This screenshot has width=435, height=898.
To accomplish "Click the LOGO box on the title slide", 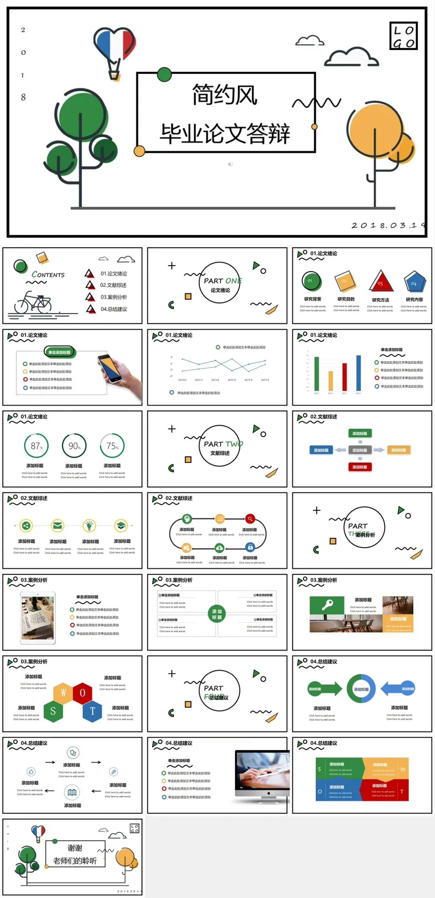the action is (403, 36).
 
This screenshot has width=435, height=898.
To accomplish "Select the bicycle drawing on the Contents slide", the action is (33, 303).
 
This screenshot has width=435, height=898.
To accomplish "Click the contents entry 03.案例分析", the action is (114, 297).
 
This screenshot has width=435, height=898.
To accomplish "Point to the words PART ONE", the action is (222, 281).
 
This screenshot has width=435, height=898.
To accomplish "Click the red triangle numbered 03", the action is (381, 281).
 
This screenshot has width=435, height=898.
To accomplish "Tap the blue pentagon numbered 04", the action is (414, 282).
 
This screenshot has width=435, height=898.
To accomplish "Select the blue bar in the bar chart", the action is (358, 373).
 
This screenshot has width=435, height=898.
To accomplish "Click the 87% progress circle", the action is (36, 446).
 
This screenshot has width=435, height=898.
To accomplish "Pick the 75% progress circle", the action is (112, 446).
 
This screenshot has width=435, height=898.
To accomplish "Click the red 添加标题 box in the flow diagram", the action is (360, 467).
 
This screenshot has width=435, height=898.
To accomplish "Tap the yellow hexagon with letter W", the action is (63, 693).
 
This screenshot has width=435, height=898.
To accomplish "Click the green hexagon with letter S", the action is (53, 711).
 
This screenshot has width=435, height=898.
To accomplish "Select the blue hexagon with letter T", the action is (93, 711).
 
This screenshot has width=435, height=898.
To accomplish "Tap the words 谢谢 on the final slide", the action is (75, 848).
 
